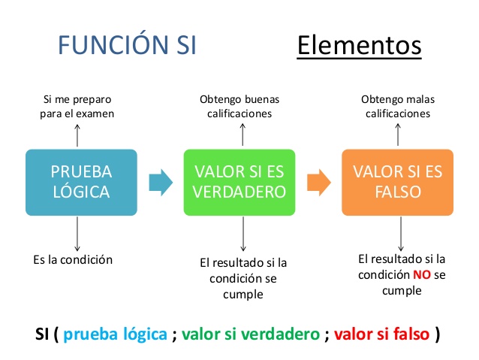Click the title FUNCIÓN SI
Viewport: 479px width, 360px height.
[x=127, y=44]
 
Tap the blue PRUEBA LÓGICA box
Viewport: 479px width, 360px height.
[x=81, y=182]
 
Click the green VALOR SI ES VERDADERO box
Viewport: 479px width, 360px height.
[x=239, y=182]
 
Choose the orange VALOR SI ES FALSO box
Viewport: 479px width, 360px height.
[x=397, y=182]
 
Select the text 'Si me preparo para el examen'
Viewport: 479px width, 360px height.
[x=77, y=107]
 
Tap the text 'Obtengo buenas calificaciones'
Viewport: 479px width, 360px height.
[x=239, y=107]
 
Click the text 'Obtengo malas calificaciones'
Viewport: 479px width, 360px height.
[x=398, y=107]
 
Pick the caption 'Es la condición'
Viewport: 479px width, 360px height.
[x=73, y=260]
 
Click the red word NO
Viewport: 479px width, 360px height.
[x=422, y=275]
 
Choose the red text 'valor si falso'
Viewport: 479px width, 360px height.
[x=381, y=333]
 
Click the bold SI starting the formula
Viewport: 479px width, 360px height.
[x=44, y=333]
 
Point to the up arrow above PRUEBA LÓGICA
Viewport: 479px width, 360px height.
[x=77, y=135]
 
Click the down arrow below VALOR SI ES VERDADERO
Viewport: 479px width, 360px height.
[x=243, y=234]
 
